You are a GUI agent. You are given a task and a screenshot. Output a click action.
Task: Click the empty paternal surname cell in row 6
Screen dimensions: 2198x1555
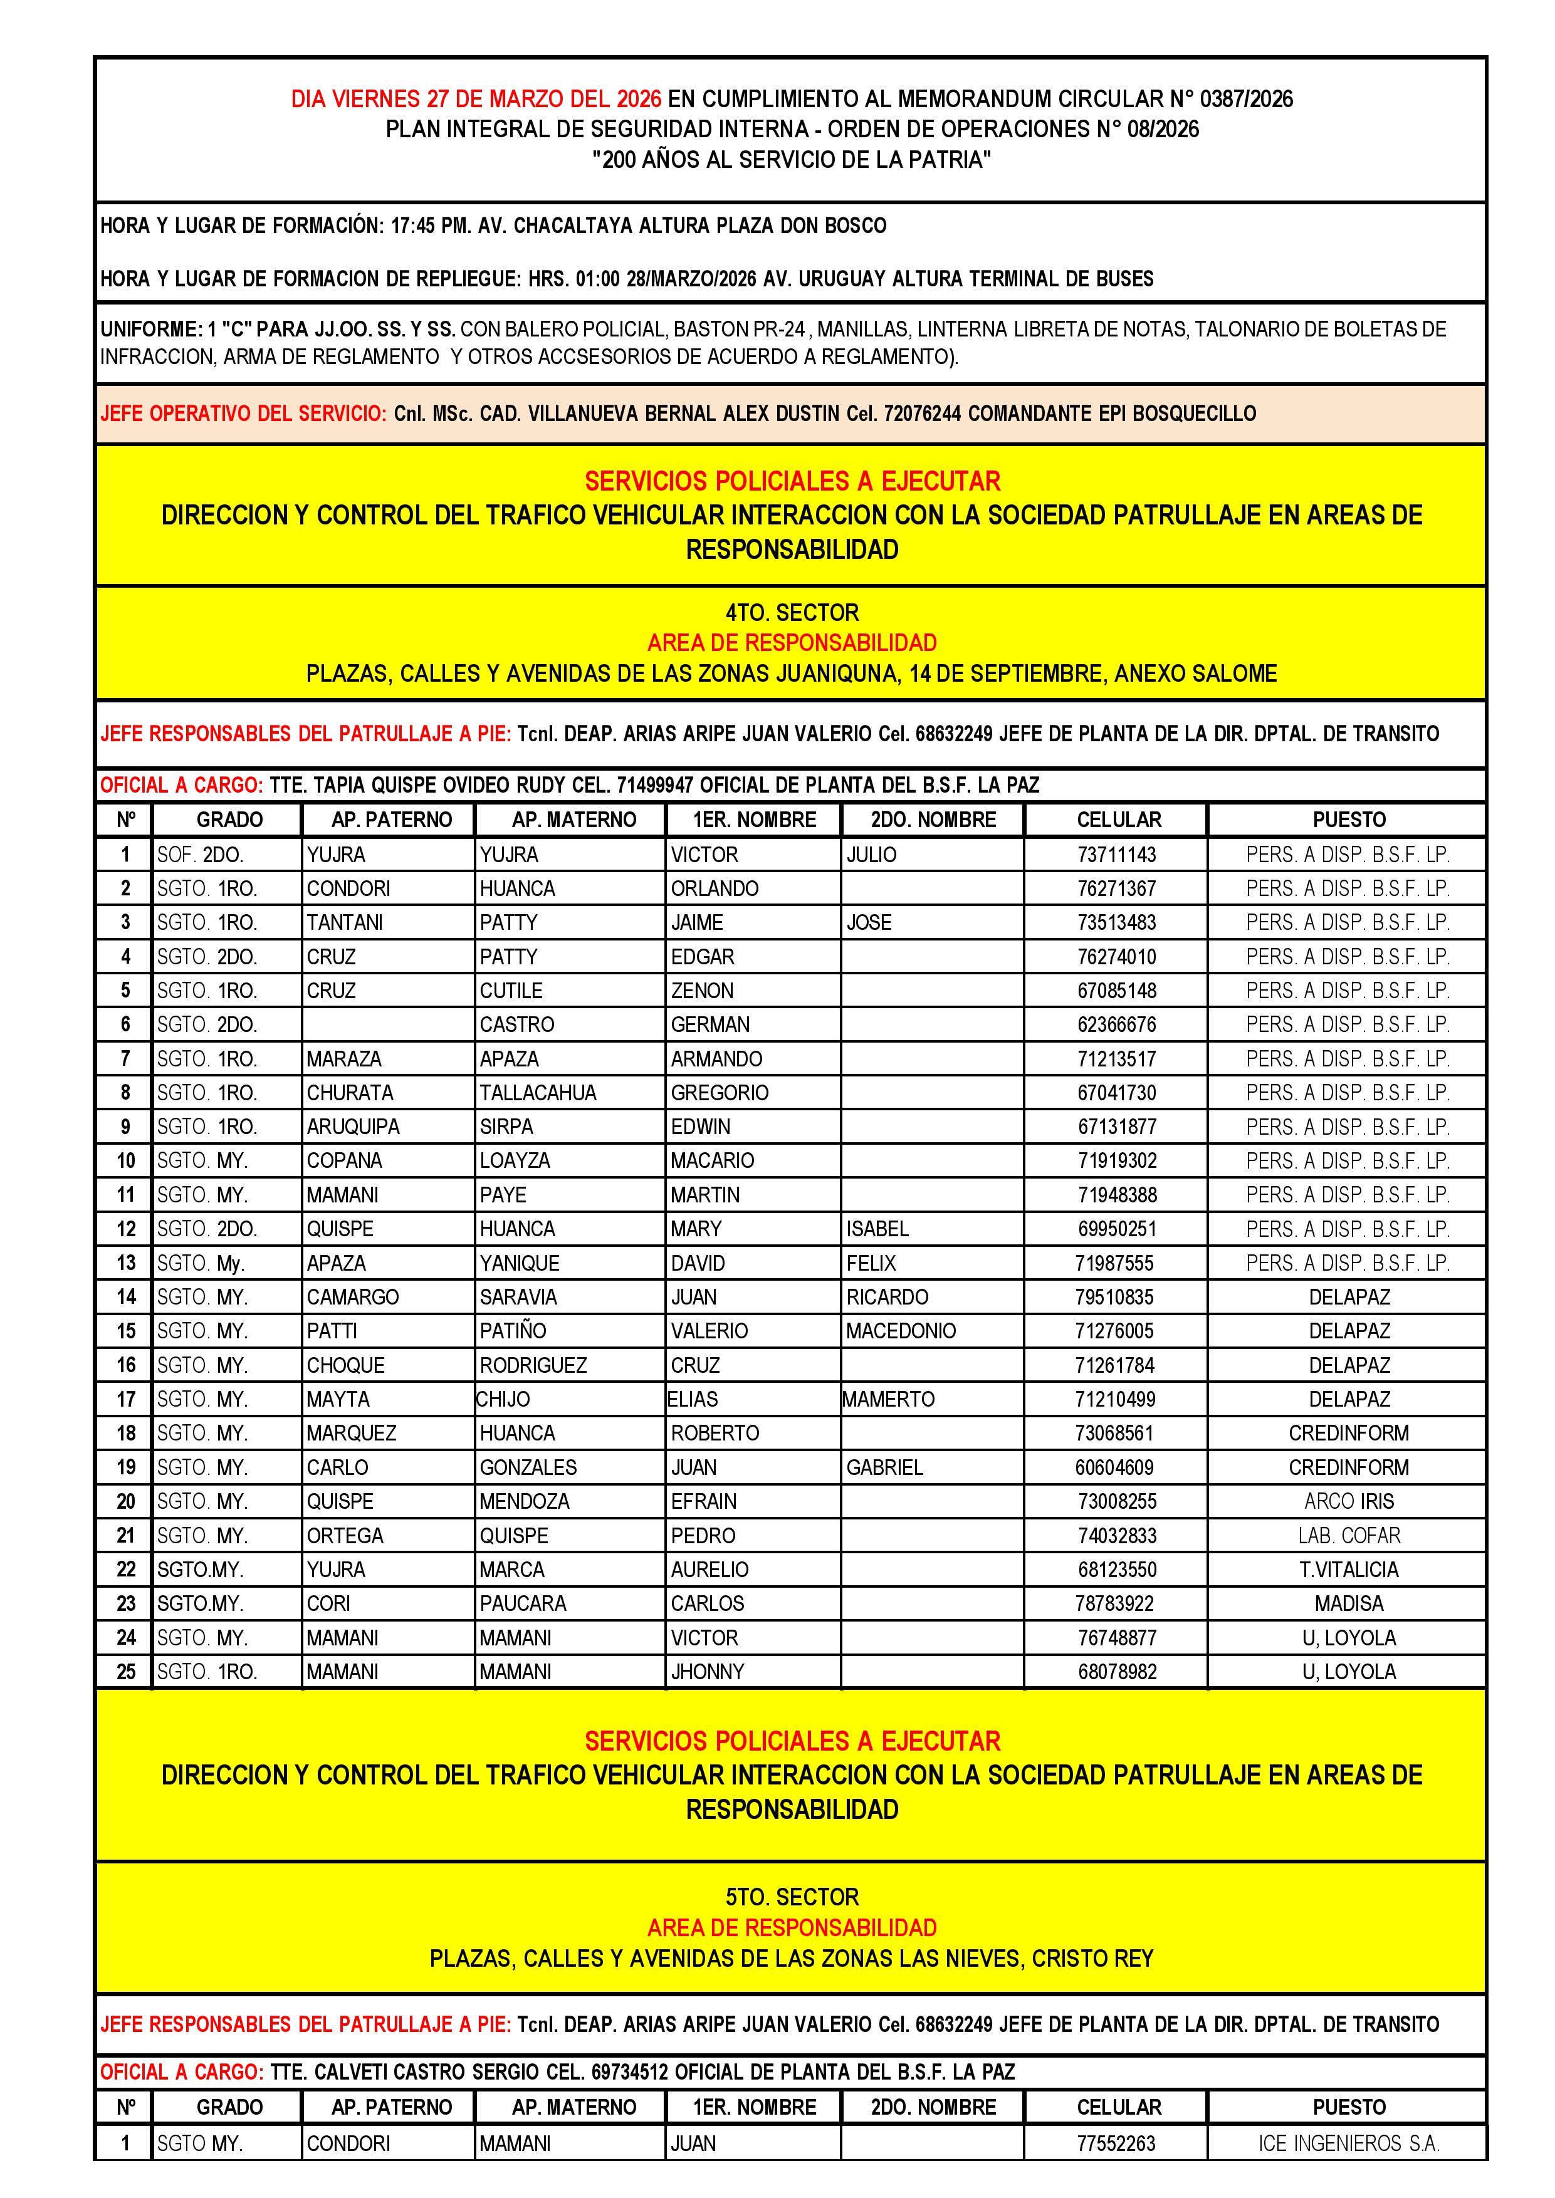(388, 1024)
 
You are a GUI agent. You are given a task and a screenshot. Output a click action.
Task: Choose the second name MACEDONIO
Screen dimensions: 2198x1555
(901, 1331)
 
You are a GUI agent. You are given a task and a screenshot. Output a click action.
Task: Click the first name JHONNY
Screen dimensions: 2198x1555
(708, 1672)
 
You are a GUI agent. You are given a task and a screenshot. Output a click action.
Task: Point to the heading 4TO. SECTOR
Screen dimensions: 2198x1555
(792, 613)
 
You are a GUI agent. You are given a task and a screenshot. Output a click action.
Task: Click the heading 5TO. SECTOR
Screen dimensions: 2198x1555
(792, 1897)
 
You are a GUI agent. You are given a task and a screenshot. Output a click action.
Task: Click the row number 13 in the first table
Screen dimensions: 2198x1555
(125, 1263)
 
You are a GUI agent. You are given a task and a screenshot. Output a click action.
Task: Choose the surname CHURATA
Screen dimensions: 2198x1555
(350, 1092)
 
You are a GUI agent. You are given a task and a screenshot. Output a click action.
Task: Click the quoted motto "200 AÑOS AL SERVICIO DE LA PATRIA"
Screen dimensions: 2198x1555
(792, 160)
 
